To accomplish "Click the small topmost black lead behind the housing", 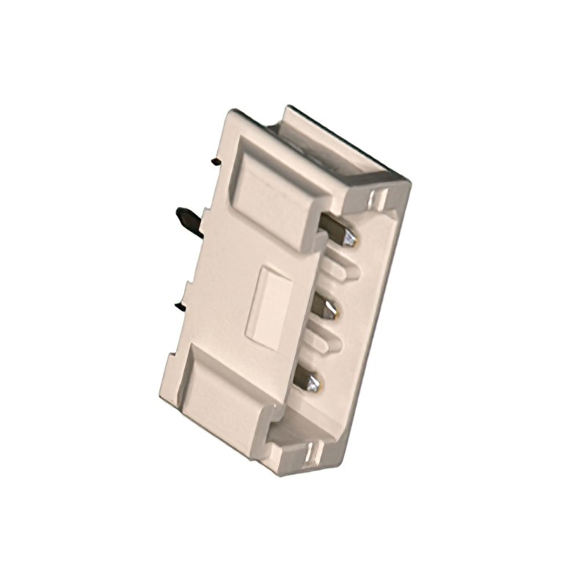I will pos(215,160).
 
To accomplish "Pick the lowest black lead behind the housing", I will pos(180,305).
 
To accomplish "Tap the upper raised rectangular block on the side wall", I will pos(275,194).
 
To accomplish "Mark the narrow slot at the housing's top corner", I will pos(378,199).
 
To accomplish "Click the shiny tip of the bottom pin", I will pos(315,383).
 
